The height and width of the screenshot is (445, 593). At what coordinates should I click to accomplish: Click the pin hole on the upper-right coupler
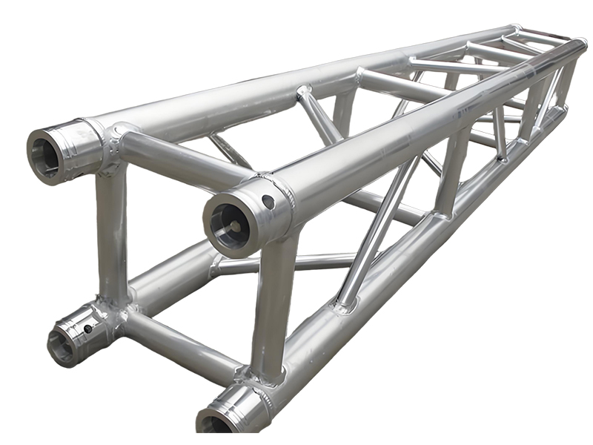(268, 201)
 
